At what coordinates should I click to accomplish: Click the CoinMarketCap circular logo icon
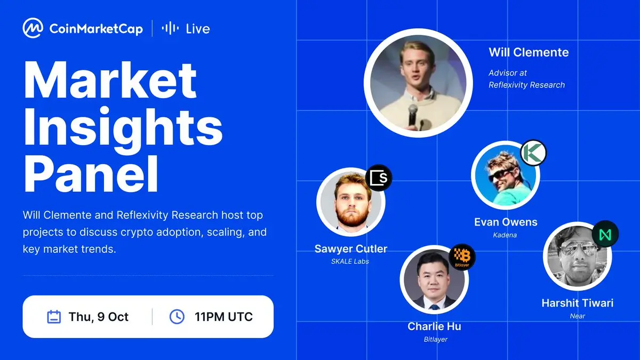[x=33, y=28]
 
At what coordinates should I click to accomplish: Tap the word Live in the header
[x=198, y=29]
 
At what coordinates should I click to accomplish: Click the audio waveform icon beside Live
[x=170, y=28]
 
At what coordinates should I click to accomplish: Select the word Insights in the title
[x=123, y=126]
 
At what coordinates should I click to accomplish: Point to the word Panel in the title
[x=91, y=174]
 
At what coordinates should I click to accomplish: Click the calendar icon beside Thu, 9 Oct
[x=54, y=317]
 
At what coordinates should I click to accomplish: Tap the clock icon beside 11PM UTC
[x=177, y=317]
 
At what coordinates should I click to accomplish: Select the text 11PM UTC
[x=223, y=317]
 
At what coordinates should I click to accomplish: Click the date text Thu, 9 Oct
[x=99, y=317]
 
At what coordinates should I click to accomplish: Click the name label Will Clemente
[x=529, y=52]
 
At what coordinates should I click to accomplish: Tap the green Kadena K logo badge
[x=533, y=153]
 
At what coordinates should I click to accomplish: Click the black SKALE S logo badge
[x=379, y=178]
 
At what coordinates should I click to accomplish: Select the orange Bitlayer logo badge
[x=462, y=257]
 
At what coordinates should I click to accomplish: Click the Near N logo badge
[x=605, y=234]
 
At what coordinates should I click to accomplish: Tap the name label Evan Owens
[x=506, y=222]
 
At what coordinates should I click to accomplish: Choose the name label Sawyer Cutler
[x=351, y=249]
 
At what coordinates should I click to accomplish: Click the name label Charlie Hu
[x=434, y=326]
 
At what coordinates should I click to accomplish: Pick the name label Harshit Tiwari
[x=578, y=303]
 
